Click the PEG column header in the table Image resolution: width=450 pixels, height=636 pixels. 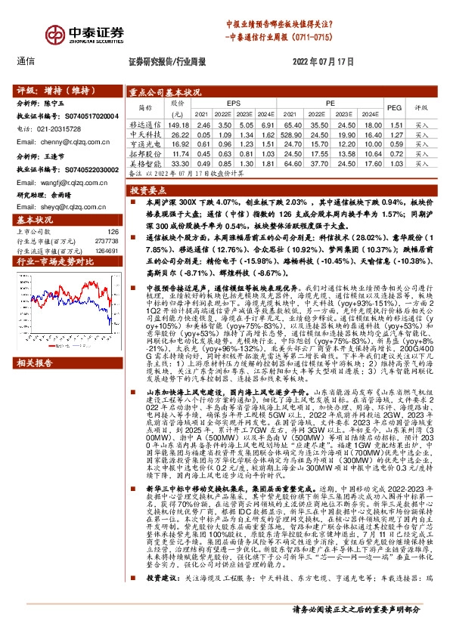tap(394, 107)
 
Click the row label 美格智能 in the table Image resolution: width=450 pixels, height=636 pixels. tap(146, 162)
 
